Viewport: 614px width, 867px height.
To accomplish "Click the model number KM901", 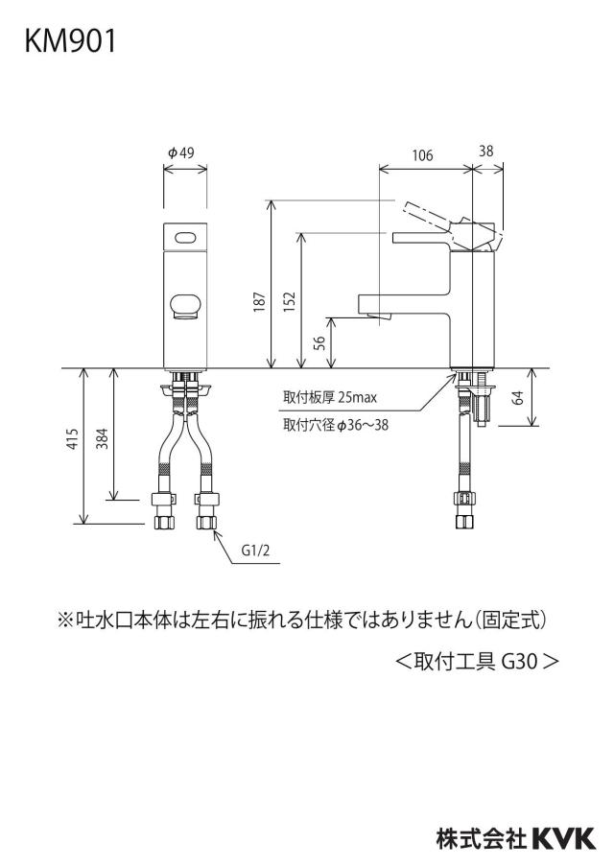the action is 70,41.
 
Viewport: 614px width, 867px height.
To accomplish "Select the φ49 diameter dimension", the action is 181,152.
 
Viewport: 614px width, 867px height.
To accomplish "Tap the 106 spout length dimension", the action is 422,155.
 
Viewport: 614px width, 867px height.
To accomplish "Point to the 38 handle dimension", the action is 485,151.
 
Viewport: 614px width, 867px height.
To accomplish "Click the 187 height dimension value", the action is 260,302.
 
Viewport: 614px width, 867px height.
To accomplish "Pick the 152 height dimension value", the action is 290,302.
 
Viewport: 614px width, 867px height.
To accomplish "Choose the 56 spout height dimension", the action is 319,343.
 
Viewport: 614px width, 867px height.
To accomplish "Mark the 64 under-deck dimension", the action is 518,398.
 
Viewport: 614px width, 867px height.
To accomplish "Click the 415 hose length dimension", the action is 73,438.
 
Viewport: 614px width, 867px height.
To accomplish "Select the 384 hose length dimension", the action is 103,438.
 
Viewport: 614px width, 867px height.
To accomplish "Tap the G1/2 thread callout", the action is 255,551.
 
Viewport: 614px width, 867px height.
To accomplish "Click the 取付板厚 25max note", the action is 330,397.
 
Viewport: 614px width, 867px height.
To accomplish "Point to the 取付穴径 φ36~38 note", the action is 336,425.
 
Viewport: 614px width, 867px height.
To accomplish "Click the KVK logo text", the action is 564,838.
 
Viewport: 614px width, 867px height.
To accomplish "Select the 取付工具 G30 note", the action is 477,661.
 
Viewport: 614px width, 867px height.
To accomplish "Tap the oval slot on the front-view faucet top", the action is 185,238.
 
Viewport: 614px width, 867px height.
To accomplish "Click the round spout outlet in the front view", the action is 185,307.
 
